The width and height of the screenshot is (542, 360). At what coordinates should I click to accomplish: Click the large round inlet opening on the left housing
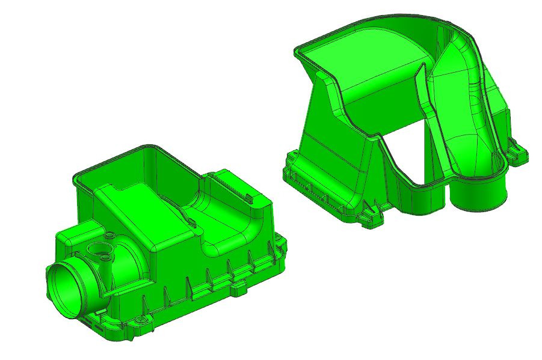click(64, 287)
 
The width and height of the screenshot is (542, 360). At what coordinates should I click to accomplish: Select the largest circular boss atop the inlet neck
click(94, 248)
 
